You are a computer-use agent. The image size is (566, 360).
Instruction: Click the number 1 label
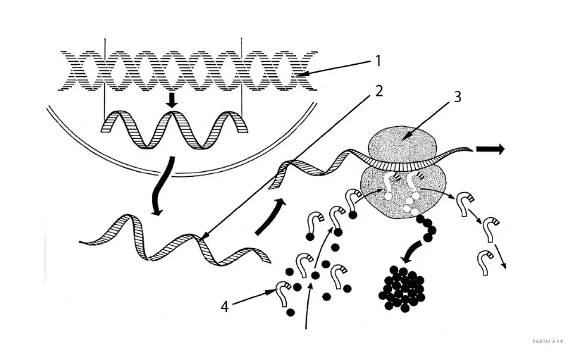(x=378, y=61)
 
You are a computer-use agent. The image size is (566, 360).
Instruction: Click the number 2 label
(x=379, y=91)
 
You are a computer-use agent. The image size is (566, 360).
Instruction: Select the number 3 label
(x=457, y=97)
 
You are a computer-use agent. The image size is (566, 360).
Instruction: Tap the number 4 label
(x=225, y=306)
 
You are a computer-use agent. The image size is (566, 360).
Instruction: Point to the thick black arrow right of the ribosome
(x=490, y=149)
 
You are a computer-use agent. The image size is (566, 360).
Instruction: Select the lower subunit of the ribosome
(x=403, y=192)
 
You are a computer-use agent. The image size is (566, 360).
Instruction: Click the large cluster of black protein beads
(x=402, y=289)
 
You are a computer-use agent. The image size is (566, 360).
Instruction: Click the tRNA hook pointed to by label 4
(x=283, y=292)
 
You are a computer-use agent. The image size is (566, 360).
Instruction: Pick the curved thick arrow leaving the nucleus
(x=161, y=187)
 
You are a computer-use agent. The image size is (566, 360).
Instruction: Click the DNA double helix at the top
(x=187, y=70)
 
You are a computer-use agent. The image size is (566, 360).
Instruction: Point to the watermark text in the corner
(x=547, y=340)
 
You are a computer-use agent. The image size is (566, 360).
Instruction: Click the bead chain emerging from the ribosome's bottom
(x=426, y=227)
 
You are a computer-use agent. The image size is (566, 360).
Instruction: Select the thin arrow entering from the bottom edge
(x=308, y=306)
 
